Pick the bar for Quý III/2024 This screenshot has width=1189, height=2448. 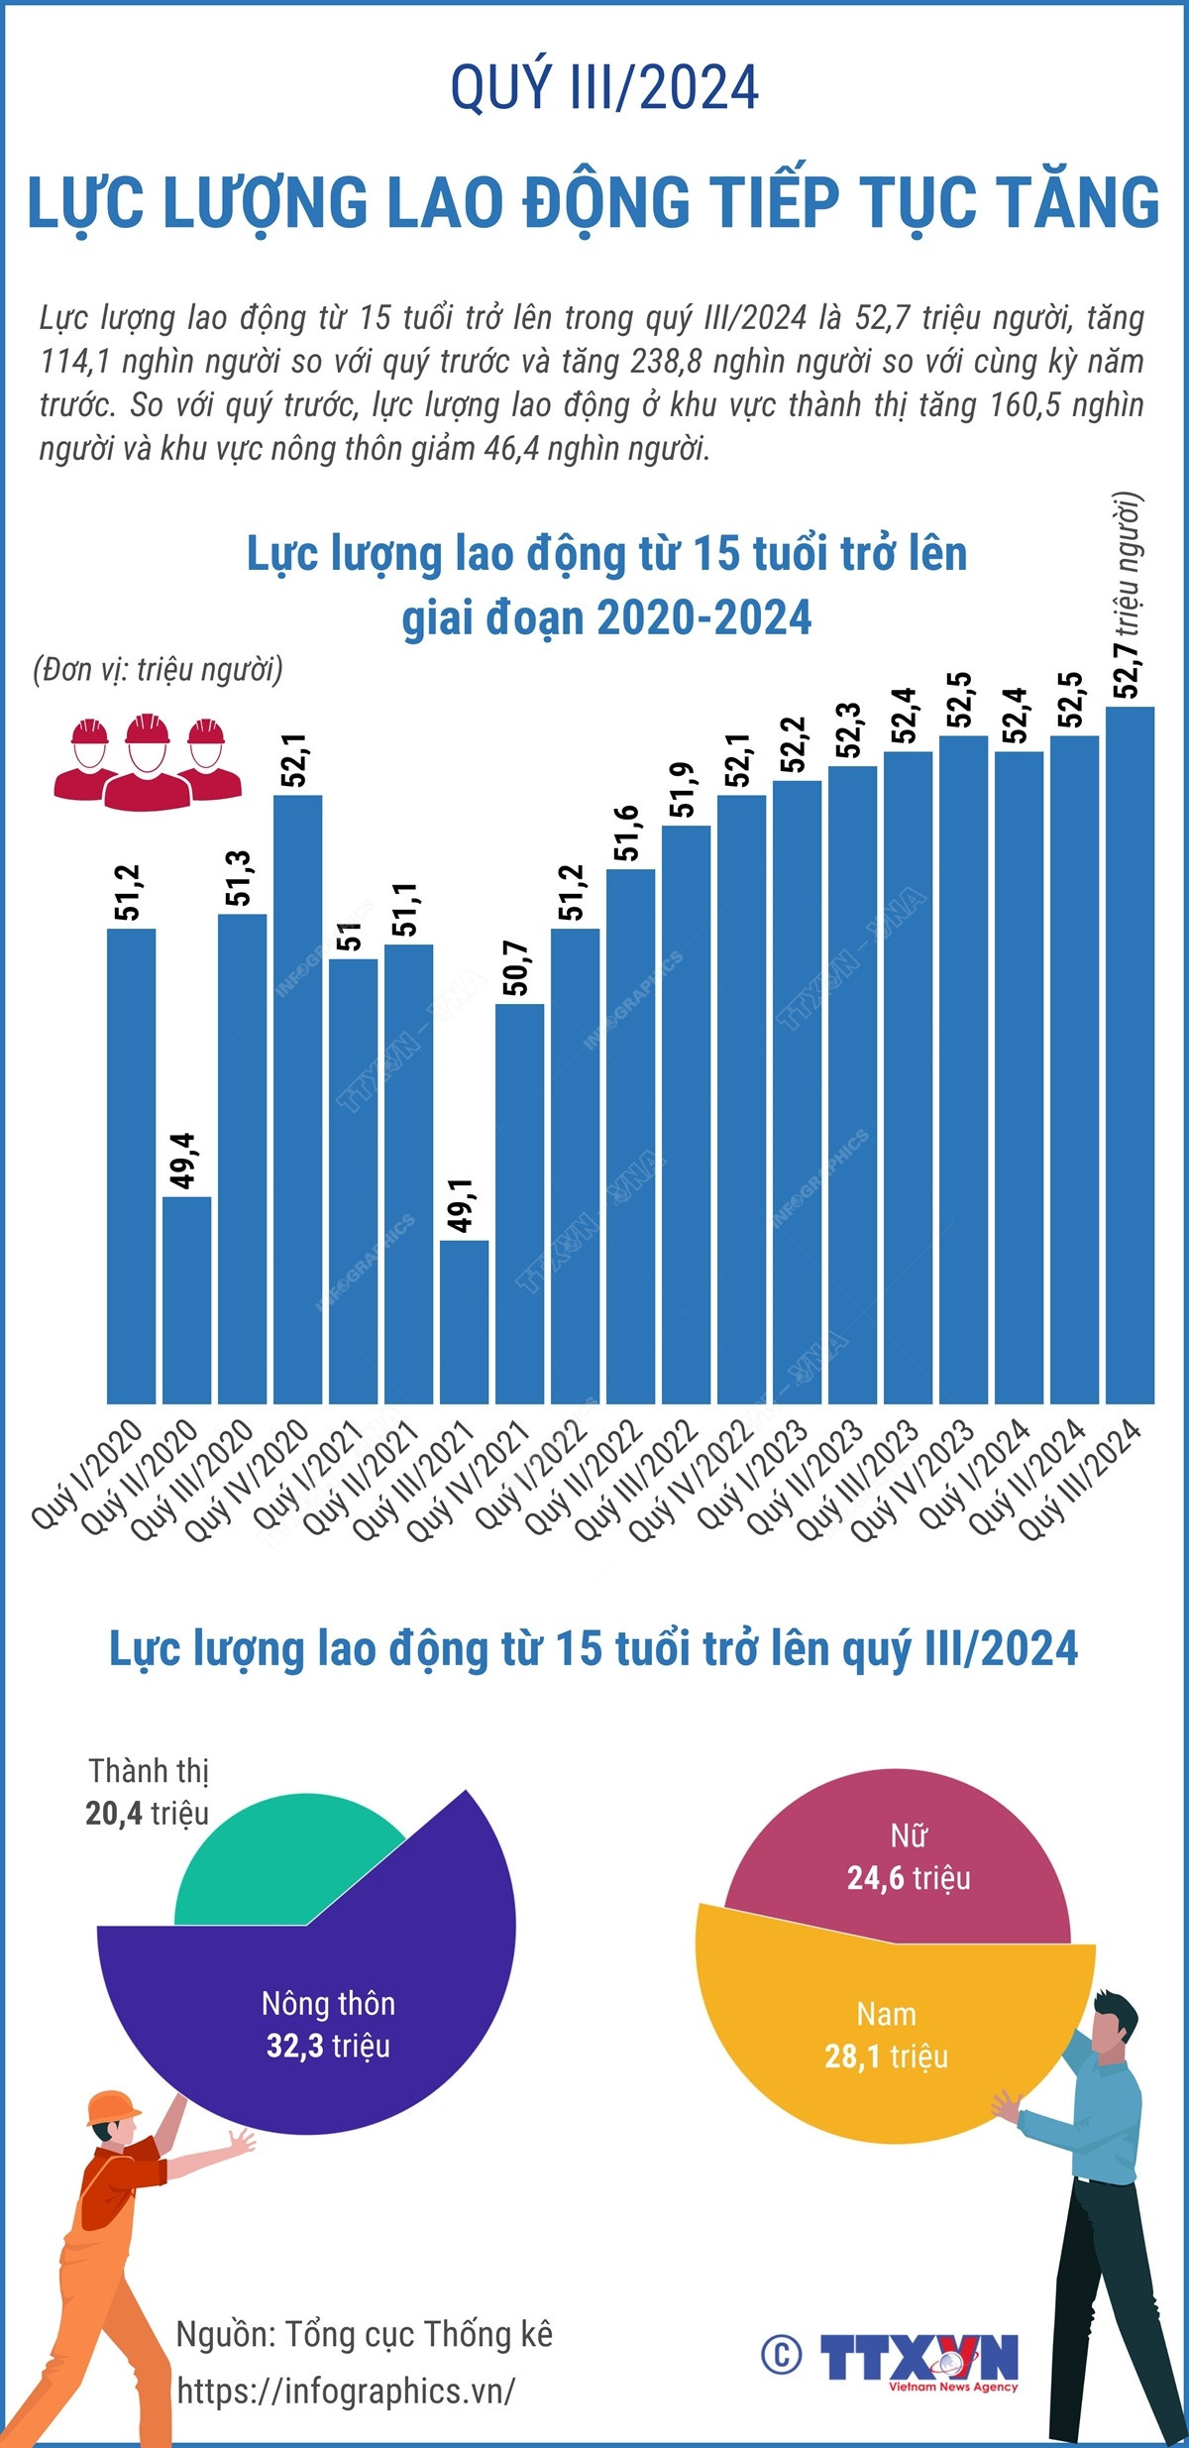tap(1130, 1055)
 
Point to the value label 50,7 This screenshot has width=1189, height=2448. tap(517, 967)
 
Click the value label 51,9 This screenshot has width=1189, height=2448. tap(684, 790)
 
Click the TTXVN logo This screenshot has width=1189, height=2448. tap(918, 2360)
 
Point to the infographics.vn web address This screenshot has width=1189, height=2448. tap(346, 2391)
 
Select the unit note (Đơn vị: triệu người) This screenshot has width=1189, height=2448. tap(159, 670)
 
